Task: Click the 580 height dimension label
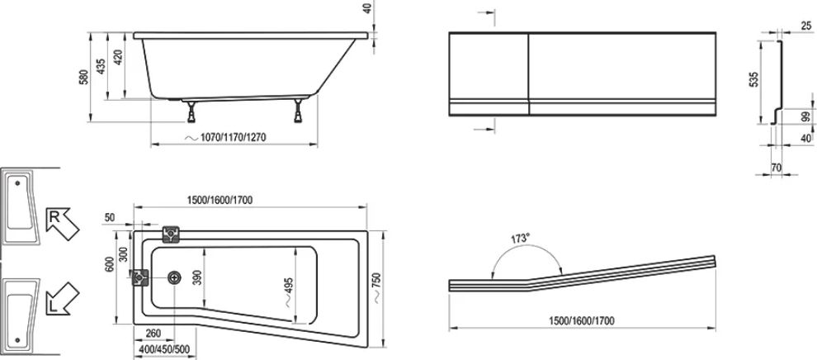(x=84, y=76)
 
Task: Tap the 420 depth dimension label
(x=118, y=57)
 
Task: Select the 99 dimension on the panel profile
(x=805, y=118)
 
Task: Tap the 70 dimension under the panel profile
(x=776, y=168)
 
